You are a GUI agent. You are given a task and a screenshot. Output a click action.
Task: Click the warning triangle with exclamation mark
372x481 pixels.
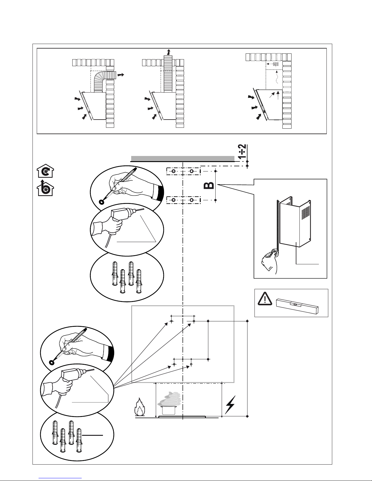point(265,299)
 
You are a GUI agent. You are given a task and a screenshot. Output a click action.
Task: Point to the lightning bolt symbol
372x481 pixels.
point(230,405)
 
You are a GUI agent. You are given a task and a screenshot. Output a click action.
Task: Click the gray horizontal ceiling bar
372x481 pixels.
point(183,158)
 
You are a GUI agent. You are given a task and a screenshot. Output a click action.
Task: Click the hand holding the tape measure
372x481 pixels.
point(271,260)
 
